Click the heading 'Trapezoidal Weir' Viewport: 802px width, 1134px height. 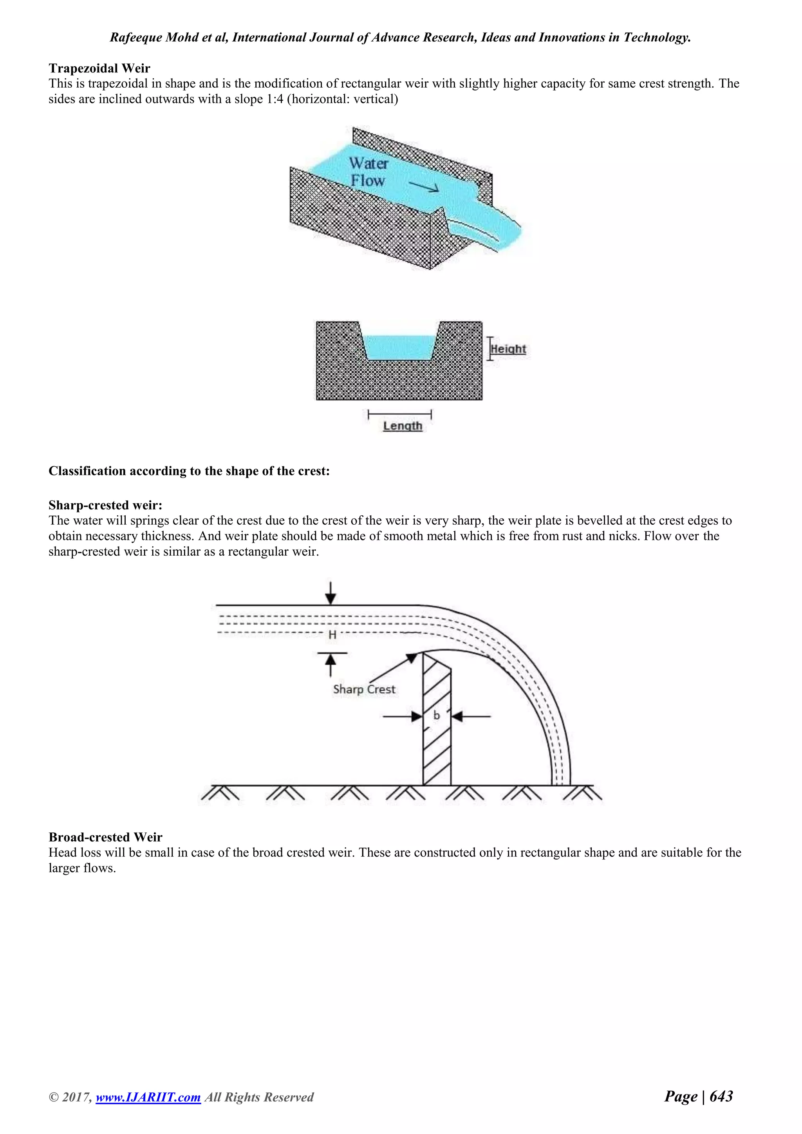coord(99,68)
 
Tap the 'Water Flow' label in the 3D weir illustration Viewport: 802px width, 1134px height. coord(368,172)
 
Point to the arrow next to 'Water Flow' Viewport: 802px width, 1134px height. coord(423,186)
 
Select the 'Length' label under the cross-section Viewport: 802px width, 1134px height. coord(403,426)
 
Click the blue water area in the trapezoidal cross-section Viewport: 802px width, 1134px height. coord(399,348)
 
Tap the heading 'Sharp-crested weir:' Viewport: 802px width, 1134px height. coord(105,505)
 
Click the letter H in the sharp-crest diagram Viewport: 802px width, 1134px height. coord(332,635)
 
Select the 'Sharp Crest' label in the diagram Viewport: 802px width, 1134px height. coord(364,689)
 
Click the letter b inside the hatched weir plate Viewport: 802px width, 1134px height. coord(437,715)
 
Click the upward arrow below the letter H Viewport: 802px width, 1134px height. coord(331,663)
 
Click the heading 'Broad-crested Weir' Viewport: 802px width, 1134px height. coord(105,837)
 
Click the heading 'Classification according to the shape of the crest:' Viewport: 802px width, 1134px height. coord(189,471)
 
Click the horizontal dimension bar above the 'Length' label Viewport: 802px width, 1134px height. coord(399,414)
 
